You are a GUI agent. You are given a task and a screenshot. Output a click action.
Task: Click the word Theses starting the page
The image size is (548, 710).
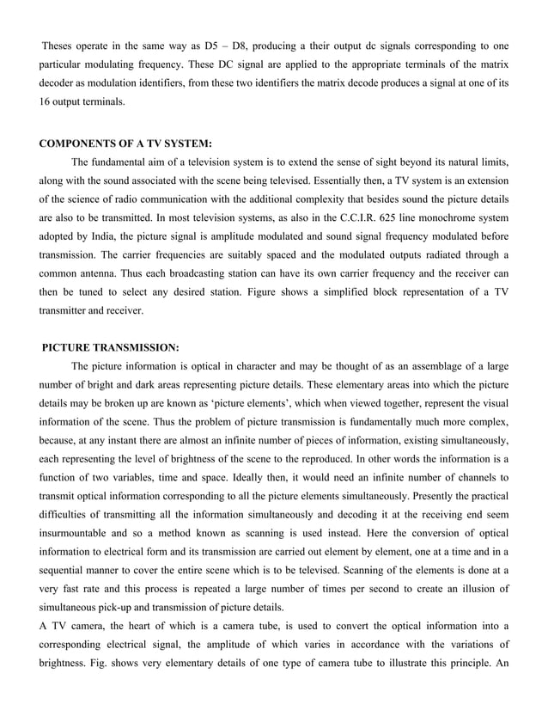(x=59, y=43)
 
